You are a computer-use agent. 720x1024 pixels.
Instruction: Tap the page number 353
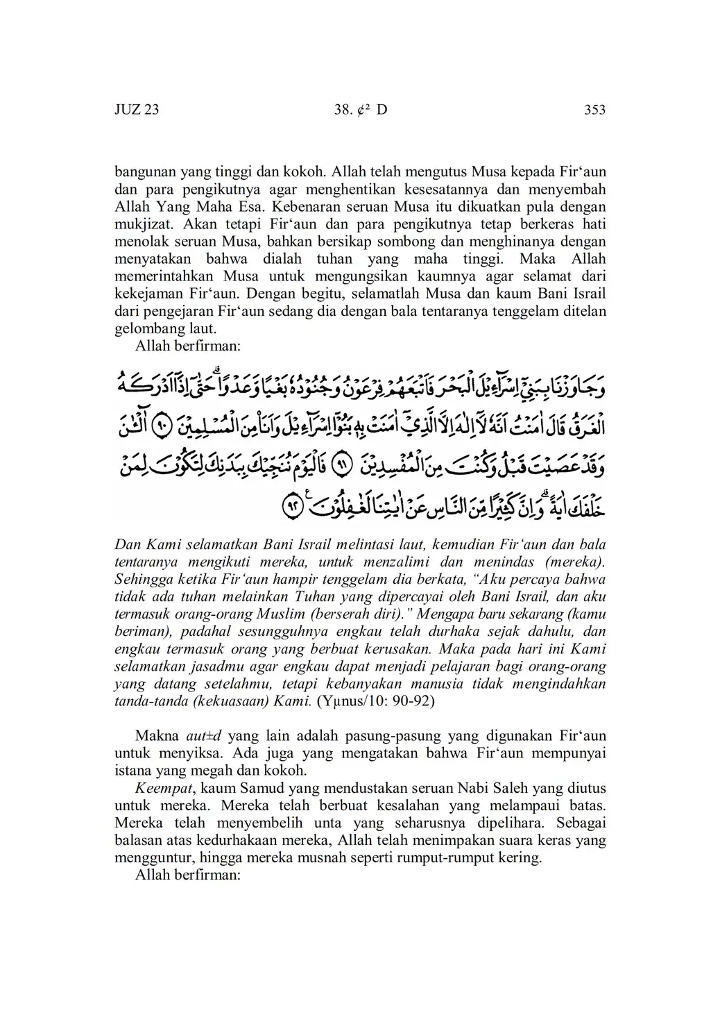pos(594,110)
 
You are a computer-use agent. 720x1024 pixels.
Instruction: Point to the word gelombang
pos(146,328)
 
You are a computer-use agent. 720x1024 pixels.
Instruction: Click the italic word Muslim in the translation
pos(280,614)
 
